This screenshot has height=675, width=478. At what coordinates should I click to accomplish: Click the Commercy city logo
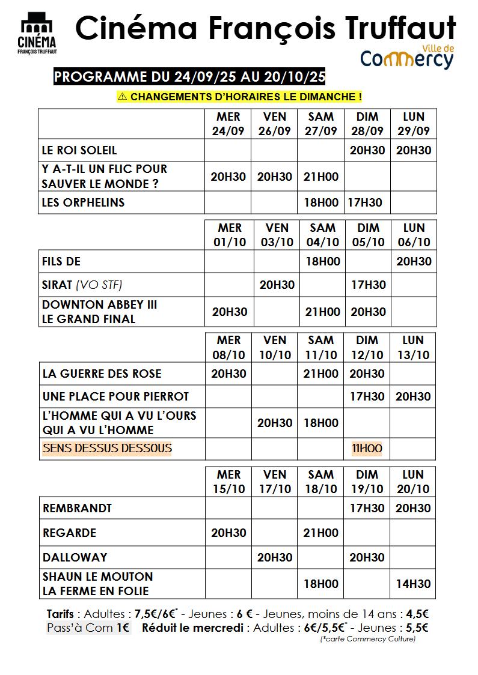(x=406, y=56)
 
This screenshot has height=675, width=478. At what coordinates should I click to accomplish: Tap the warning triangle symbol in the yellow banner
(x=123, y=96)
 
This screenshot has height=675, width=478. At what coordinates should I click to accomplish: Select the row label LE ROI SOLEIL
(x=79, y=150)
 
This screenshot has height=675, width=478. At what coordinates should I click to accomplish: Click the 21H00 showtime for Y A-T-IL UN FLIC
(x=321, y=177)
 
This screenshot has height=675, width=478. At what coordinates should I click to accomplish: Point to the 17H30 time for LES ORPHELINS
(x=364, y=202)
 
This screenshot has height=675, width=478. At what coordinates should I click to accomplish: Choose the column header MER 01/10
(x=230, y=235)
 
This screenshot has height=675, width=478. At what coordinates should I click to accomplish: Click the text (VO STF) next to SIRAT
(x=103, y=284)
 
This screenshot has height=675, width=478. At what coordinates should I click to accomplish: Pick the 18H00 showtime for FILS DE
(x=323, y=261)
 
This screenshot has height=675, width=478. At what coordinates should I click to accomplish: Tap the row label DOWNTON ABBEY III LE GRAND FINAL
(x=99, y=312)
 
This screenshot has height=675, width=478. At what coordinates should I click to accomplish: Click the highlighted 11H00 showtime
(x=367, y=448)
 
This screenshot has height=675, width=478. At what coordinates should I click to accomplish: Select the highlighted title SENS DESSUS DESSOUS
(x=107, y=448)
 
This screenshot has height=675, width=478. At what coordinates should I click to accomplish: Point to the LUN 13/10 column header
(x=413, y=347)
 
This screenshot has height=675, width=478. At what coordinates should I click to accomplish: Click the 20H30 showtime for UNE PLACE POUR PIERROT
(x=413, y=396)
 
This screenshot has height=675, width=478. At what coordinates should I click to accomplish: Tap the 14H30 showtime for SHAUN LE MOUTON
(x=413, y=583)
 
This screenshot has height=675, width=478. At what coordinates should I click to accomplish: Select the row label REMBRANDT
(x=78, y=508)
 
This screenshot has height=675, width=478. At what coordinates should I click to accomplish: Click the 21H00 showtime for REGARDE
(x=321, y=533)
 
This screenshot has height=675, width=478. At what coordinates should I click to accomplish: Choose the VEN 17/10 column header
(x=275, y=481)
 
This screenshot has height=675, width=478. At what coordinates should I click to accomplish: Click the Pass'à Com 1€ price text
(x=88, y=628)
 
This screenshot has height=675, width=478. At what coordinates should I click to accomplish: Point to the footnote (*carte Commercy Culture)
(x=367, y=639)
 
